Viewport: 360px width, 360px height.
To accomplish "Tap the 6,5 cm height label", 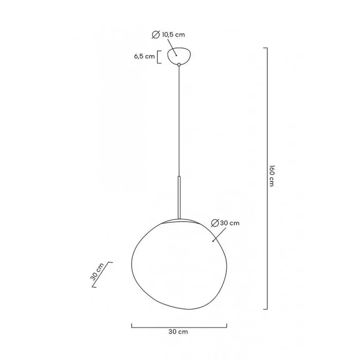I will (144, 57).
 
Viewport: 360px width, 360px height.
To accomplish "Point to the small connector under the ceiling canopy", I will (178, 65).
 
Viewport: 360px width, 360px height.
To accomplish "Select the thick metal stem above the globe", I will (178, 198).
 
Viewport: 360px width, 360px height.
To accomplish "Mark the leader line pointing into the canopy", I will (171, 46).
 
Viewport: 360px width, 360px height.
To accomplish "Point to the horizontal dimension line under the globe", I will (178, 326).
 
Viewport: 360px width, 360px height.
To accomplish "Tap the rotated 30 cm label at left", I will (97, 271).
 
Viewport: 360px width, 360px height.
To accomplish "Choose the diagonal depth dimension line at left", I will (103, 276).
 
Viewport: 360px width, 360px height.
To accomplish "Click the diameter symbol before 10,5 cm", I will (155, 34).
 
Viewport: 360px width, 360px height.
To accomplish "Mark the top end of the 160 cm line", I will (265, 48).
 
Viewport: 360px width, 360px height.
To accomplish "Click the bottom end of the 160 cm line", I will (265, 309).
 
